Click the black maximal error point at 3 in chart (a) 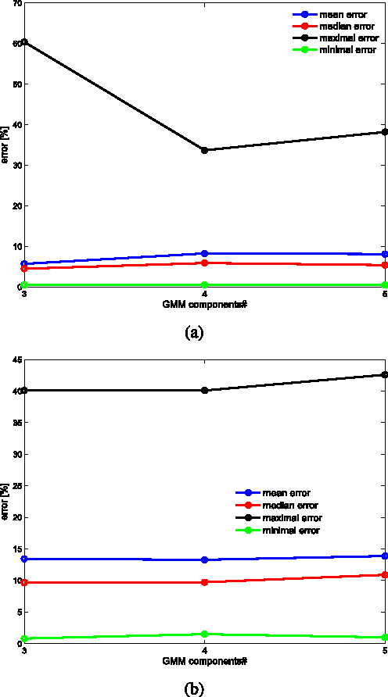click(x=24, y=42)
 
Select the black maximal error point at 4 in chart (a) click(x=204, y=150)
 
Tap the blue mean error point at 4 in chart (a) click(x=204, y=253)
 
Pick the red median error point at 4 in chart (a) click(x=204, y=263)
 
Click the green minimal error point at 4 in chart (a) click(x=204, y=284)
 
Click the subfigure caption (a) click(x=194, y=332)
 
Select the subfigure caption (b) click(x=194, y=688)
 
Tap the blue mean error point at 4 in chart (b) click(x=204, y=559)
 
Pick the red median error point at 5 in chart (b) click(x=383, y=575)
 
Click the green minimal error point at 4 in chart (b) click(x=204, y=634)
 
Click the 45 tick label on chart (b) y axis click(x=16, y=359)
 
